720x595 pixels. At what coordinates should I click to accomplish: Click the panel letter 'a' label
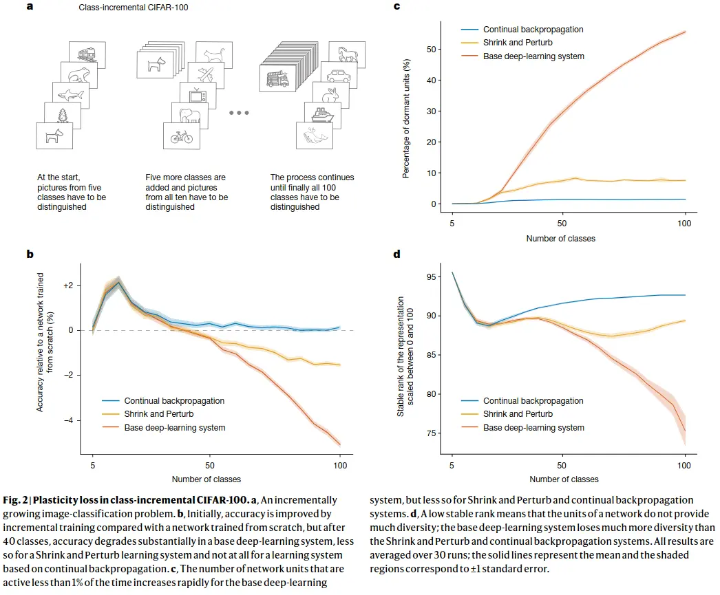(30, 8)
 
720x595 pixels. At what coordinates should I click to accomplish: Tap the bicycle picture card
(182, 136)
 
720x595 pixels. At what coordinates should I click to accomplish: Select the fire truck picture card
(277, 78)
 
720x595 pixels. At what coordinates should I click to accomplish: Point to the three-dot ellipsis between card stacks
(238, 113)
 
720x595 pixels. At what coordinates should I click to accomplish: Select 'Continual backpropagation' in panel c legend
(533, 30)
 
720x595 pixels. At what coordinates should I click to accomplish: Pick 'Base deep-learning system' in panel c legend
(533, 56)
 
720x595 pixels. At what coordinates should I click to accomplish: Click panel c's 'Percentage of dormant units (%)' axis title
(406, 118)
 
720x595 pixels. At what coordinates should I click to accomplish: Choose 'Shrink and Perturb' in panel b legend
(160, 414)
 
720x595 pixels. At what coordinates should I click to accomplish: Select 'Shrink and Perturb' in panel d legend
(518, 414)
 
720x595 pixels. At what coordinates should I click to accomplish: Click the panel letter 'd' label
(396, 254)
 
